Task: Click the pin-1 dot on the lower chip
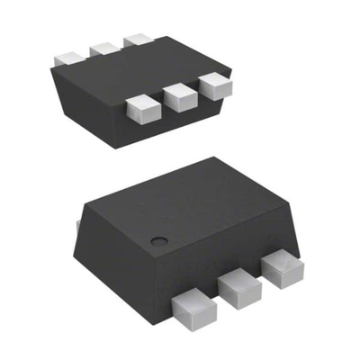tap(157, 239)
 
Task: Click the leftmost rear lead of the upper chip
tap(69, 56)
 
